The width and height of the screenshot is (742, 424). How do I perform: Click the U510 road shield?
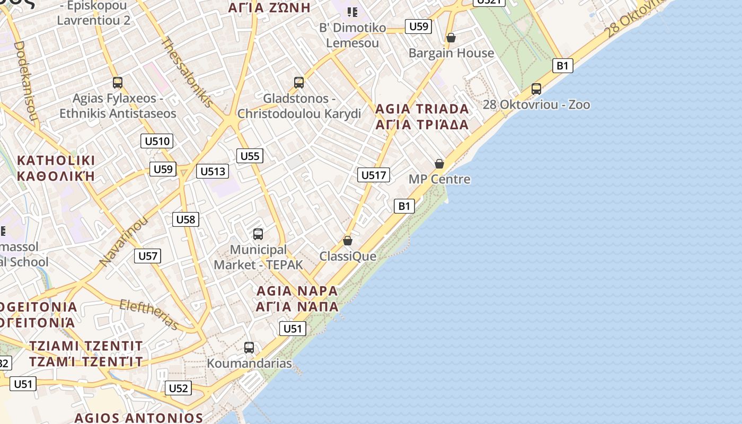[x=157, y=141]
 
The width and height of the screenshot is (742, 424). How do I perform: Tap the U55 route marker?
[x=250, y=156]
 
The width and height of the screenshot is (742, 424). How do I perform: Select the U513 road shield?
[x=213, y=171]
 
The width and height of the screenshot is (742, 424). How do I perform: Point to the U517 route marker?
[x=374, y=175]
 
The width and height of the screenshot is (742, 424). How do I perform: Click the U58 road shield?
[x=185, y=219]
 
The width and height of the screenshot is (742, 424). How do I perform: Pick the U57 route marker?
[x=148, y=256]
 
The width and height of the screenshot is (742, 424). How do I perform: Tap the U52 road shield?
[x=178, y=388]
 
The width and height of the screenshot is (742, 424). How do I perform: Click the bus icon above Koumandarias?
[x=249, y=348]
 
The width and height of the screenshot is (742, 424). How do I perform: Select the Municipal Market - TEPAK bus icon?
[x=258, y=234]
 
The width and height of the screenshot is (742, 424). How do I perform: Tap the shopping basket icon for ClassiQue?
[x=348, y=241]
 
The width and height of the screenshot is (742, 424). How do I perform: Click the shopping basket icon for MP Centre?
[x=439, y=164]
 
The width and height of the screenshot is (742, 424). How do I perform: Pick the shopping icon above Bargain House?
[x=451, y=38]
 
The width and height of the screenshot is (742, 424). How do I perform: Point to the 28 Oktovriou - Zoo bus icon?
[x=536, y=89]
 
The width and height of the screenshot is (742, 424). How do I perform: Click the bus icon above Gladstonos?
[x=299, y=83]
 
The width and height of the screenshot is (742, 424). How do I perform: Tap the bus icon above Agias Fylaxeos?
[x=118, y=83]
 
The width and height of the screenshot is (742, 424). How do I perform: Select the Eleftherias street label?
[x=149, y=314]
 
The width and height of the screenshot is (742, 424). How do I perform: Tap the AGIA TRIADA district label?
[x=422, y=109]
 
